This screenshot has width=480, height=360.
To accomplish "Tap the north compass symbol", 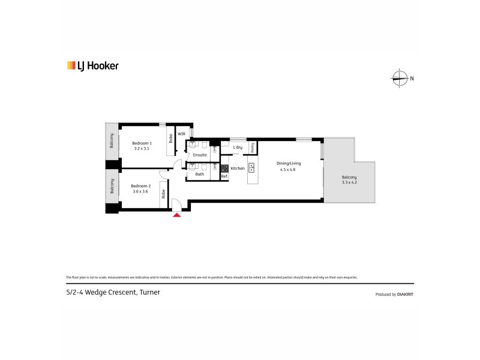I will click(399, 77).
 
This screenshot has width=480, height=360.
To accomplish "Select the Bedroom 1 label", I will click(142, 143).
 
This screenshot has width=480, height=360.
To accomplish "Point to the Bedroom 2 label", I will click(140, 186).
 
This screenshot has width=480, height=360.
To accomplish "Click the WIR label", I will click(181, 134).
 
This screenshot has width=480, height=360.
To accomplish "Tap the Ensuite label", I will click(200, 155).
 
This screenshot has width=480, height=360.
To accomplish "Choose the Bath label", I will click(199, 175).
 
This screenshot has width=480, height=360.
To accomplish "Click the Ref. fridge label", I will click(224, 176).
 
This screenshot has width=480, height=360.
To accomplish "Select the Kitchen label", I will click(238, 169).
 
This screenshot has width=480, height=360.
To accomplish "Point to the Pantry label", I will click(253, 146).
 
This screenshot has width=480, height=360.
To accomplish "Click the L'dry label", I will click(238, 147).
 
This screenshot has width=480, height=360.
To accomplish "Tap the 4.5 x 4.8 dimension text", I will click(288, 170).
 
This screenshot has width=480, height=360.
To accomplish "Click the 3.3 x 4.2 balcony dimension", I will click(349, 182).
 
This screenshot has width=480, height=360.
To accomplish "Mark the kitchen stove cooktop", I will click(224, 168).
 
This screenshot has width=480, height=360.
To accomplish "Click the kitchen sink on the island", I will click(252, 168).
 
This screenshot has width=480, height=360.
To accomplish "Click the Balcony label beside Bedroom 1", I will click(112, 142).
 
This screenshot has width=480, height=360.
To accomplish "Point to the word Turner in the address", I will click(151, 292).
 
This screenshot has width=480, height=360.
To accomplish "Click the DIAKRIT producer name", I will click(404, 295).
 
